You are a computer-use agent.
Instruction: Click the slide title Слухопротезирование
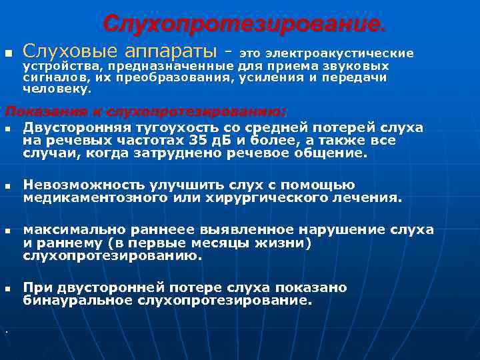pos(243,24)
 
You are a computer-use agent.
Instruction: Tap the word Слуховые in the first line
pos(61,51)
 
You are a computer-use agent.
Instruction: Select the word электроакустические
pos(339,53)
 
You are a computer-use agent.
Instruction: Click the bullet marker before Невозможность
pos(7,187)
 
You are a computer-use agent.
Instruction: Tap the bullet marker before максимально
pos(7,231)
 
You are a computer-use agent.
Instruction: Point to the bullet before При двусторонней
pos(7,289)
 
